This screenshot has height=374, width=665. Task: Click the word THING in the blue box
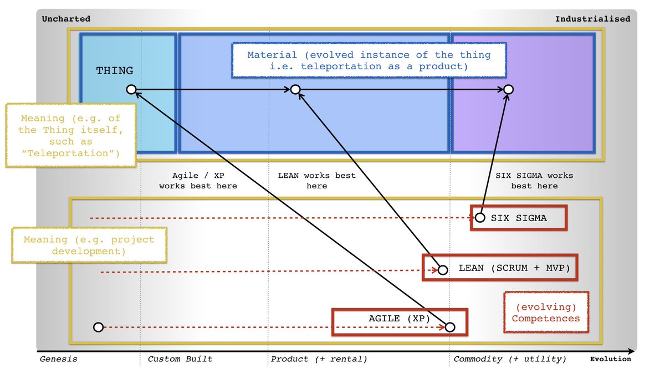point(114,71)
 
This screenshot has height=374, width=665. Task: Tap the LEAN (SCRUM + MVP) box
point(500,268)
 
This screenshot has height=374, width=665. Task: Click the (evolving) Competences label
point(546,313)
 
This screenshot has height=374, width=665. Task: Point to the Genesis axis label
point(59,359)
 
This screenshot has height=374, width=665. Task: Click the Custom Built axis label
point(180,359)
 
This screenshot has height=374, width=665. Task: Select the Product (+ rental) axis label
point(319,359)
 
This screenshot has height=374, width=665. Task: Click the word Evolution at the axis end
point(610,359)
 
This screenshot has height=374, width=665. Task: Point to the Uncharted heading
point(66,19)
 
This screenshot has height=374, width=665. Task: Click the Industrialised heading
point(593,19)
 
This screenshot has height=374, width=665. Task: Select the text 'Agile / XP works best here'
point(198,181)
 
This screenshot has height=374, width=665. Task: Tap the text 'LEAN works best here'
point(316,181)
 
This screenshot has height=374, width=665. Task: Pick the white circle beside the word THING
point(131,89)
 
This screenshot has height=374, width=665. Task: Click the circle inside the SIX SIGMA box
point(480,218)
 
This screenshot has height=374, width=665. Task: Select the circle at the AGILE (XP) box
point(450,327)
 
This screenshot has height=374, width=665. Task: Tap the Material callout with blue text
point(369,60)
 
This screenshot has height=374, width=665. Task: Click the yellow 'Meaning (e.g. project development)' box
point(89,245)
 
